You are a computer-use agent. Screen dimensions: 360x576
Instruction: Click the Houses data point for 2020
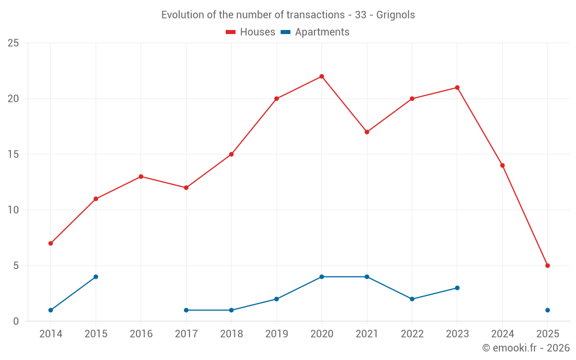(321, 77)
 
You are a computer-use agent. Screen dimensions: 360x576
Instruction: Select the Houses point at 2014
(51, 244)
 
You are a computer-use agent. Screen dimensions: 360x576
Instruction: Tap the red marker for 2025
(547, 266)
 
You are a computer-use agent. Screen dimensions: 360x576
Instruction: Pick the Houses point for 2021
(367, 132)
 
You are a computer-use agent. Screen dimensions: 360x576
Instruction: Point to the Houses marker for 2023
(457, 88)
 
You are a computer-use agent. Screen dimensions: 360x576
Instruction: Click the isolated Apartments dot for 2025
(547, 310)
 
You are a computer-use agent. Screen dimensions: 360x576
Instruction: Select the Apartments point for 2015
(96, 277)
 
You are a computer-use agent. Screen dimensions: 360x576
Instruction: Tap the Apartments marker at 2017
(186, 310)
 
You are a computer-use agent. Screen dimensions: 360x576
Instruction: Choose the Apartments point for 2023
(457, 288)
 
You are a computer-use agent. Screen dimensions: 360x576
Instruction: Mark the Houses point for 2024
(502, 165)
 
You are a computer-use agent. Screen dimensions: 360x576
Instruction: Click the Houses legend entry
(251, 32)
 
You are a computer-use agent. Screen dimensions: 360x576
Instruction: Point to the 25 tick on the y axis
(13, 43)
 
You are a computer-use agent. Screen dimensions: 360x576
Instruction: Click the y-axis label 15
(13, 154)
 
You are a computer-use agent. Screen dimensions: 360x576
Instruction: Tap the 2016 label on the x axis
(141, 334)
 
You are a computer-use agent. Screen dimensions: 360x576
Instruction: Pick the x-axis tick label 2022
(412, 334)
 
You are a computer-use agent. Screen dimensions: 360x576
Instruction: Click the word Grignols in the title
(396, 15)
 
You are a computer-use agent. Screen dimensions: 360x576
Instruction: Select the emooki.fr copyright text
(525, 348)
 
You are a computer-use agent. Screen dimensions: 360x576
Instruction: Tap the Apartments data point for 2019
(276, 299)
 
